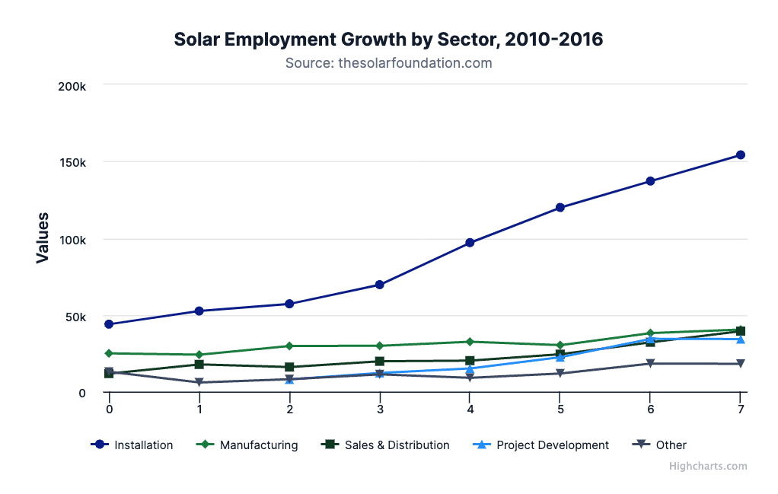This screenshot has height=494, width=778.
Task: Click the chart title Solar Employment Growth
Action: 388,39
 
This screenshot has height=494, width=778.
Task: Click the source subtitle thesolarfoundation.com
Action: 388,63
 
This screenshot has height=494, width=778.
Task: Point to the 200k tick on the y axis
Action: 72,86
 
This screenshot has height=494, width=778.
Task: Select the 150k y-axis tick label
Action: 72,163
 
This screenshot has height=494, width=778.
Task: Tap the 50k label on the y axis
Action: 75,317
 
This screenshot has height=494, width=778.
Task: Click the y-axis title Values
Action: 43,238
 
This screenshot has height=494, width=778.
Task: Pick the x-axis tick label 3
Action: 379,410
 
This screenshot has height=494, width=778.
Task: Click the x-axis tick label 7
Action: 740,410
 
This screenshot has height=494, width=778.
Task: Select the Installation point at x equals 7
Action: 740,155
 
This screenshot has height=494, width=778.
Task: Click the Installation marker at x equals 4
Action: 470,243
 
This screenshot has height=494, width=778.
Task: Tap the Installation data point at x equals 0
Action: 109,324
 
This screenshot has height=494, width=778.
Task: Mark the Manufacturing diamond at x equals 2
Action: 289,346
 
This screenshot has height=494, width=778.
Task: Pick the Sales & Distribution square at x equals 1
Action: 199,365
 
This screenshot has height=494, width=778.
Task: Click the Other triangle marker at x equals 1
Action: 199,382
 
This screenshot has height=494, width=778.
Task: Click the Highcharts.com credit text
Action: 708,467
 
